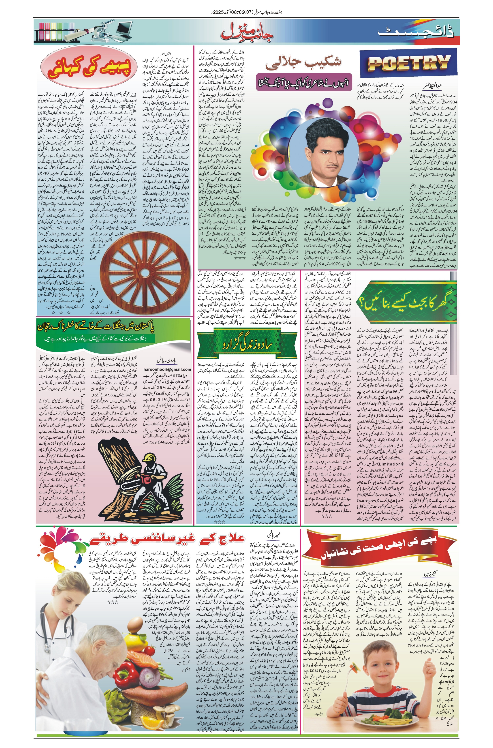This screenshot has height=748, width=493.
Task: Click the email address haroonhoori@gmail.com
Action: tap(168, 369)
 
